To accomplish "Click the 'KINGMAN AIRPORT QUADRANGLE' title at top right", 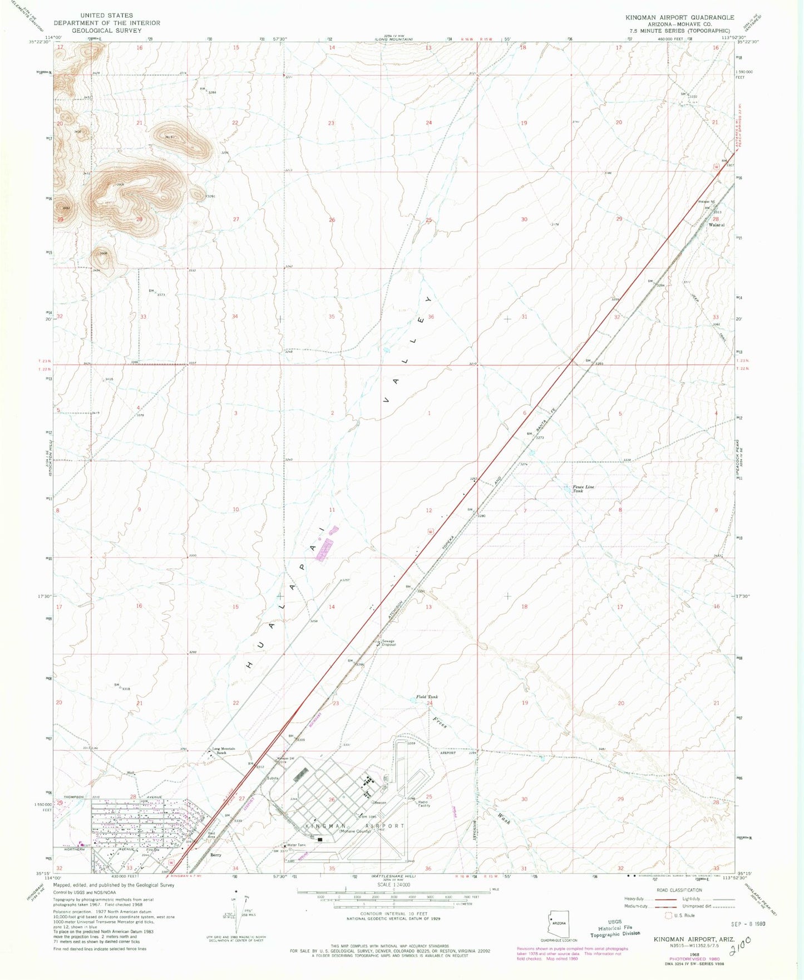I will (x=679, y=18).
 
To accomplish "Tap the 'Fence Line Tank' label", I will (x=583, y=489).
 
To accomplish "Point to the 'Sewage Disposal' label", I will (x=388, y=643).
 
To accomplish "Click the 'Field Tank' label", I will (x=427, y=697).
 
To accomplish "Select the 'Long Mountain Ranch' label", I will (x=224, y=750).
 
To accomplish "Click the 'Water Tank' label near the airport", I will (x=297, y=845).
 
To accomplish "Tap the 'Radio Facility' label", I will (x=424, y=804).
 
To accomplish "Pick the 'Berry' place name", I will (x=215, y=855).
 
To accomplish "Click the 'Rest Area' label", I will (x=211, y=835).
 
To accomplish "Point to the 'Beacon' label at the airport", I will (x=380, y=803).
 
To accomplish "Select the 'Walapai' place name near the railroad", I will (x=716, y=225).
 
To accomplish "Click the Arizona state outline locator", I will (x=558, y=923).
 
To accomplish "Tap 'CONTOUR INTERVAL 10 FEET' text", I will (x=394, y=914).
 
